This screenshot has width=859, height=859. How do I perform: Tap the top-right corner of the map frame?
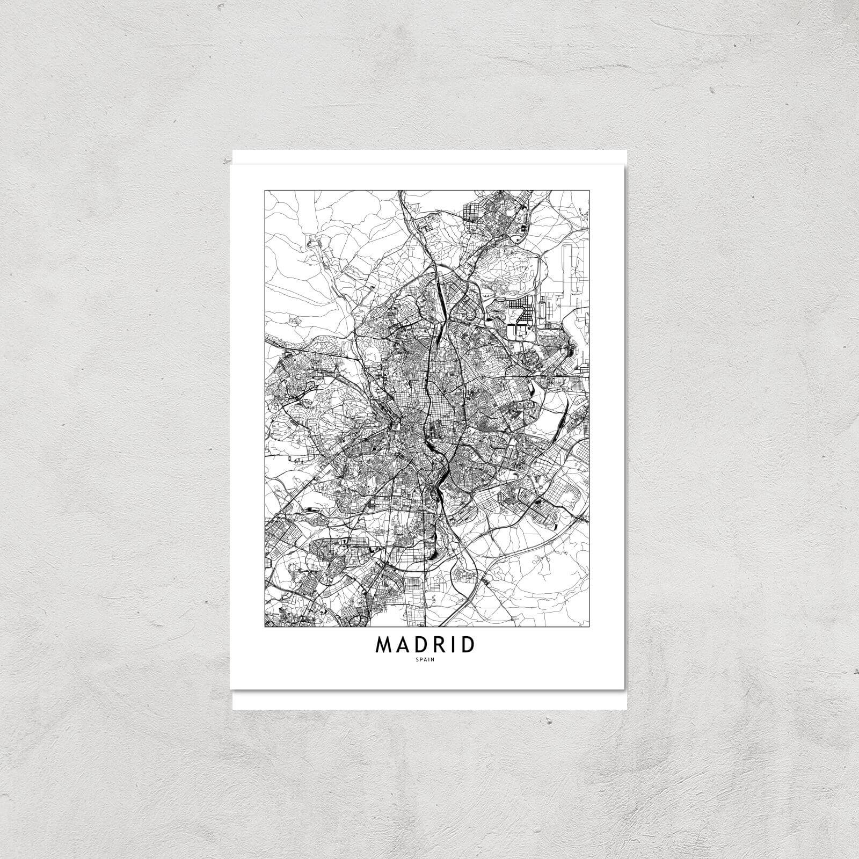(x=589, y=190)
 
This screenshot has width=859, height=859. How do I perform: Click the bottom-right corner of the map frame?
(x=589, y=627)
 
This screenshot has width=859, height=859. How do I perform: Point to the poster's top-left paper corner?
(x=232, y=151)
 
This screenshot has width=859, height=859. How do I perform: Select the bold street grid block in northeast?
(x=519, y=311)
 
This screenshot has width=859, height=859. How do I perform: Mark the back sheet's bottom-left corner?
(x=233, y=709)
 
